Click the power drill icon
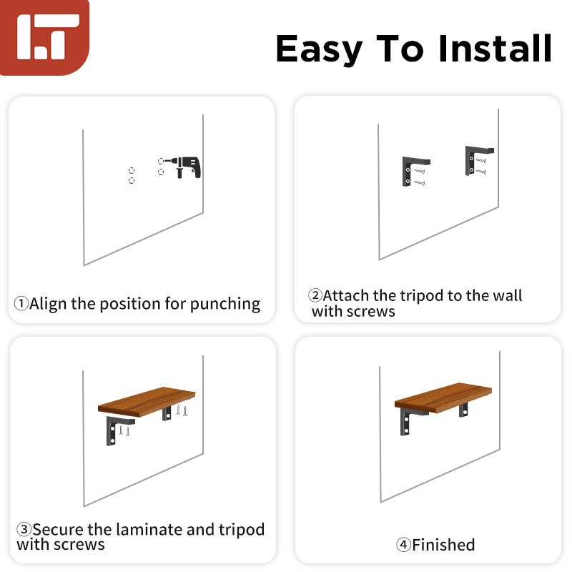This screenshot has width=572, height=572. click(187, 167)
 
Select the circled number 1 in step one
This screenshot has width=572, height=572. click(21, 304)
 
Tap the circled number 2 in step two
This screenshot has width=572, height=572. click(315, 296)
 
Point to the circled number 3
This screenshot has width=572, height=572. click(24, 530)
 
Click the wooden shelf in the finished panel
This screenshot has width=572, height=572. click(443, 397)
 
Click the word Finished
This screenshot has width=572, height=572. click(443, 545)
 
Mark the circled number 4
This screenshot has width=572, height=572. click(404, 545)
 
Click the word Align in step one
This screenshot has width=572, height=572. click(48, 304)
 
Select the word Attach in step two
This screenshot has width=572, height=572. click(348, 296)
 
